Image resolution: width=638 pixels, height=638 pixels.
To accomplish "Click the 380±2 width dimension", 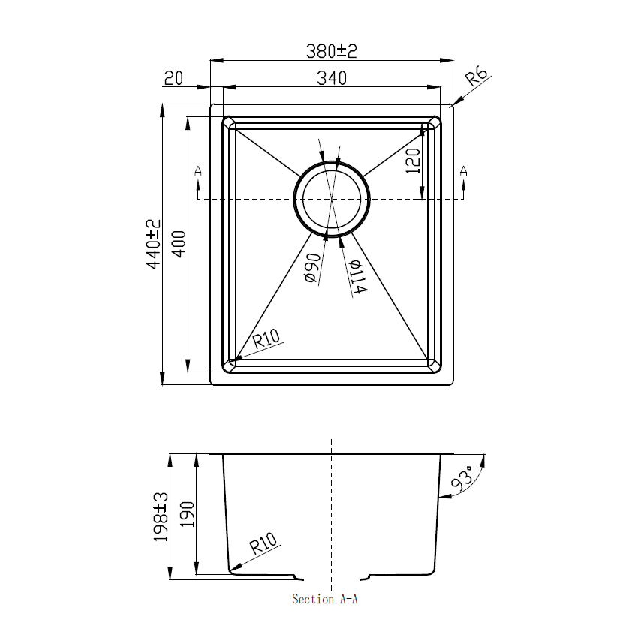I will click(331, 50).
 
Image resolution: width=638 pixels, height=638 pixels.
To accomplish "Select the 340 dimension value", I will click(331, 77).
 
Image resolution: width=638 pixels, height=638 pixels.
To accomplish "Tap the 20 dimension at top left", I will click(173, 78).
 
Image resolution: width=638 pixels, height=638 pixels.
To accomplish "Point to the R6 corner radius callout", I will click(477, 77).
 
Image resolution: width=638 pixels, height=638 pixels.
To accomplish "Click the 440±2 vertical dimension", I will click(154, 245).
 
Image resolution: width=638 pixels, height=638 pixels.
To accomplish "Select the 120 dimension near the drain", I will click(412, 160).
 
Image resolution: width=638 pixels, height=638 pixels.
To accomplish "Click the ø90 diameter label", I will click(312, 268).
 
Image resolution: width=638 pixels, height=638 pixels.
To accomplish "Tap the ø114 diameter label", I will click(356, 277).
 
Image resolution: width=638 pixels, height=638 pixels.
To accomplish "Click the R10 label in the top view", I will click(266, 339).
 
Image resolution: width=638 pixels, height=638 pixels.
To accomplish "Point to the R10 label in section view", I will click(263, 543).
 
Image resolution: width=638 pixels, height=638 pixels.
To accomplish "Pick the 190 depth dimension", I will click(187, 516).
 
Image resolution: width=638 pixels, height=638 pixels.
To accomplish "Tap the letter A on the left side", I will click(197, 171).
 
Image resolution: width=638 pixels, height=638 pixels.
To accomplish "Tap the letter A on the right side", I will click(463, 171).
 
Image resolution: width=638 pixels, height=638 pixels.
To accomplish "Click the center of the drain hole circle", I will click(331, 199).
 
